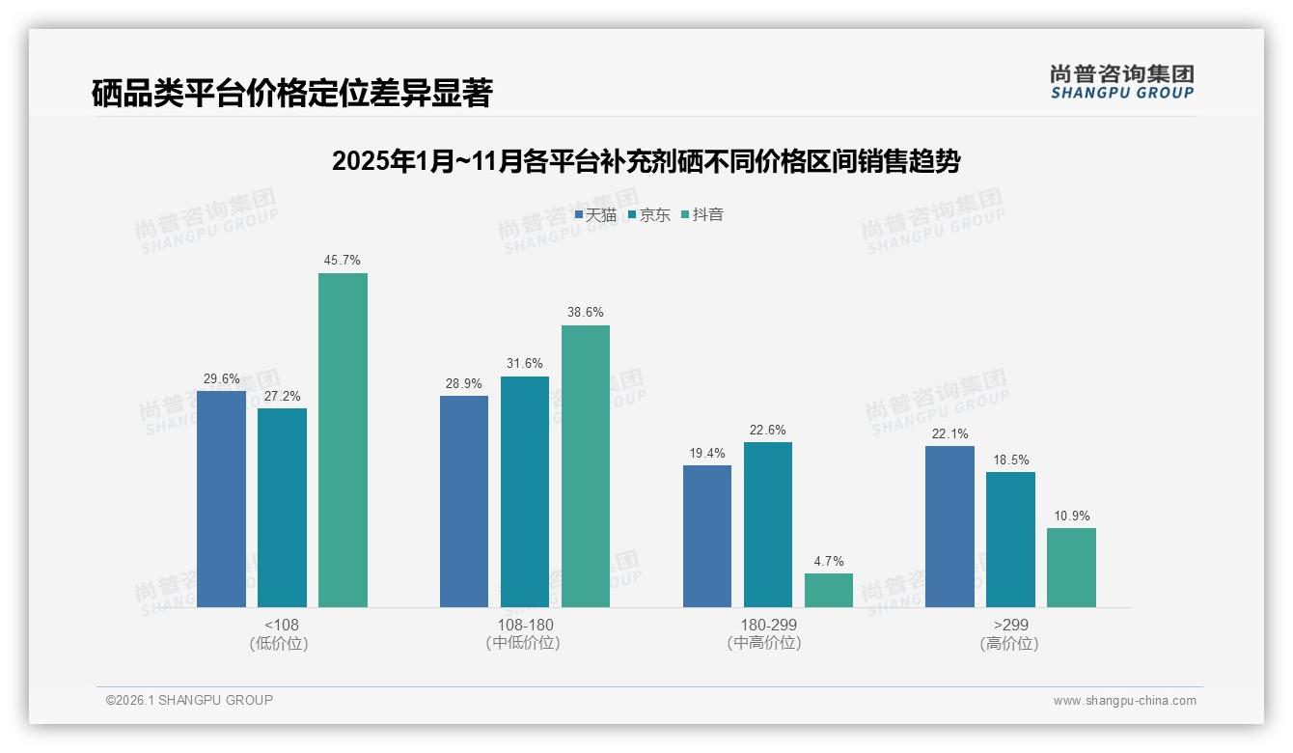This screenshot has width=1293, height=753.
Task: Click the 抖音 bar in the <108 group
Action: point(343,440)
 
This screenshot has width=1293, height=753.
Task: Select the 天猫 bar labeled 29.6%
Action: point(221,499)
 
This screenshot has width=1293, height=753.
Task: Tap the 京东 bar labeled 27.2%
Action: point(282,508)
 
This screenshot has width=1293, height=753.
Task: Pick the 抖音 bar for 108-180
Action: point(586,466)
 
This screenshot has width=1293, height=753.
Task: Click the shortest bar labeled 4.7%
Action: point(829,590)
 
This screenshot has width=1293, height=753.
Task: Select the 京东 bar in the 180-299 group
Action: point(768,524)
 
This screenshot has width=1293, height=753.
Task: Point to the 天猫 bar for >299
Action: point(949,526)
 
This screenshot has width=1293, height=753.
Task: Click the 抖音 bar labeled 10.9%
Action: point(1071,568)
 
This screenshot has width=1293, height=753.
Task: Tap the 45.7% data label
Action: point(343,261)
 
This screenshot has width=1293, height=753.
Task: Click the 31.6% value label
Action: point(525,364)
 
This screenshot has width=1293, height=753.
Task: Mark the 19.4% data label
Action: point(707,453)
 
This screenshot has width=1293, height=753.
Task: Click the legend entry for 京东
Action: point(649,215)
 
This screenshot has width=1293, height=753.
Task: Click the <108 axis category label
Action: point(281,625)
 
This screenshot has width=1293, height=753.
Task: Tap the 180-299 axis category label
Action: point(768,625)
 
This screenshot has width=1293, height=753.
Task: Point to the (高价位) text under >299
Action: point(1009,643)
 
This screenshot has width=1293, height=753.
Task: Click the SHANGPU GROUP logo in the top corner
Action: point(1121,82)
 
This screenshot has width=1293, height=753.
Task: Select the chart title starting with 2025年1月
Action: point(646,161)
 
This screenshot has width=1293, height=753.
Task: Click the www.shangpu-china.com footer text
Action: point(1124,701)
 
